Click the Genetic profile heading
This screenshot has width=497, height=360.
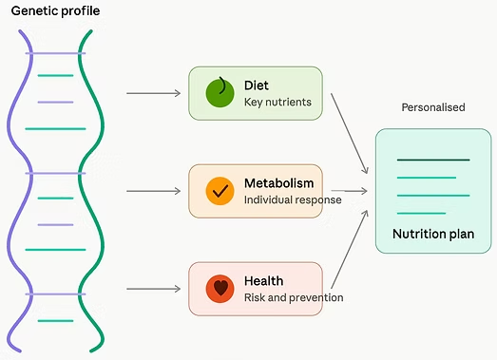click(x=55, y=11)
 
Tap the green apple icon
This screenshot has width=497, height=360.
click(x=220, y=92)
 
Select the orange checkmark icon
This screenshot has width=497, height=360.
click(x=220, y=191)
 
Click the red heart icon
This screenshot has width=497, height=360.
click(x=220, y=289)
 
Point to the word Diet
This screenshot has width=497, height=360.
click(x=257, y=85)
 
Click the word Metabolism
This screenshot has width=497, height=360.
click(x=279, y=183)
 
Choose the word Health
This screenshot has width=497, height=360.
click(x=264, y=281)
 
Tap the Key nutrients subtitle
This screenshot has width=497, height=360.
click(x=277, y=102)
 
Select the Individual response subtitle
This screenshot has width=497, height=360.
click(x=293, y=200)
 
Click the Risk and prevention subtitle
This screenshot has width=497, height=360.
click(x=294, y=297)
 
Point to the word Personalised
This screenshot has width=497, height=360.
click(x=433, y=107)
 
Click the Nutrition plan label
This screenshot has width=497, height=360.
click(x=433, y=234)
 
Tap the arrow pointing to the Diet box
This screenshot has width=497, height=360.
click(x=153, y=93)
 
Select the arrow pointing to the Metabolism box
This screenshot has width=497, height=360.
click(x=153, y=191)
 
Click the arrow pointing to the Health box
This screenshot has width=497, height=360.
click(x=153, y=289)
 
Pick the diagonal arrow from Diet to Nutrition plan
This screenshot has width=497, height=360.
click(x=350, y=133)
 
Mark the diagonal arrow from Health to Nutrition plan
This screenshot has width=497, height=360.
click(x=350, y=249)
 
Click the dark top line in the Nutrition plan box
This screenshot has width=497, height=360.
click(x=433, y=160)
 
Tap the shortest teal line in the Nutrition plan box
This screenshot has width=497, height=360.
click(x=421, y=214)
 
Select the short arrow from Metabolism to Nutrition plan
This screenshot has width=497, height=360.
click(x=350, y=191)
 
